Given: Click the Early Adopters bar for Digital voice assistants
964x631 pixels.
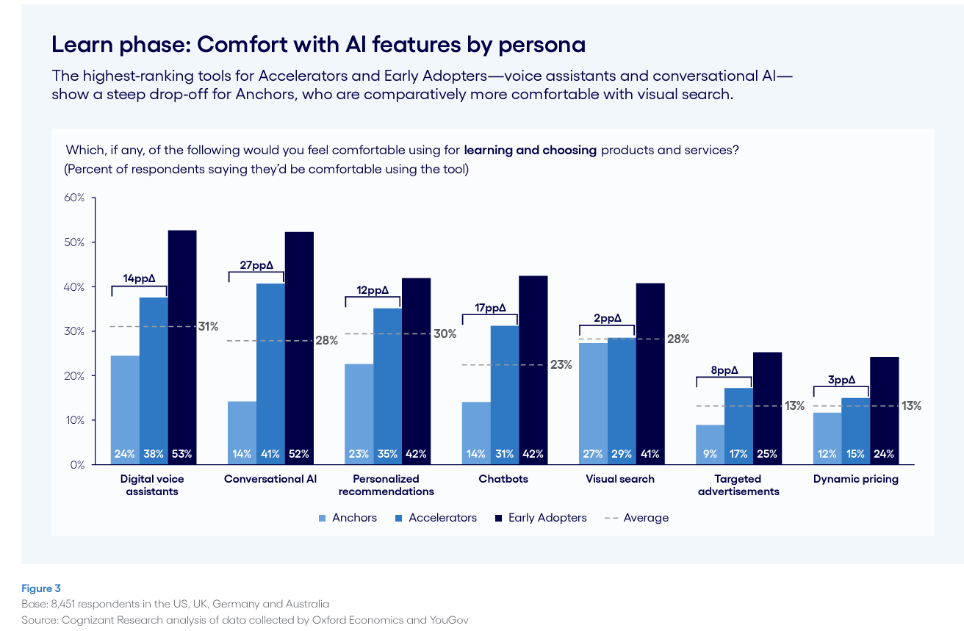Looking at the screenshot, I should [182, 345].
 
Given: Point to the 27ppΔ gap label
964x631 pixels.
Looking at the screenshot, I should [256, 265].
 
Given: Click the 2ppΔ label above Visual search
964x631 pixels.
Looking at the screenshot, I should [607, 318].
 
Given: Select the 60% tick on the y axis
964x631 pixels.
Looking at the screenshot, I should [76, 198].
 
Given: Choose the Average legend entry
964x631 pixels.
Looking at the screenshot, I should [645, 518].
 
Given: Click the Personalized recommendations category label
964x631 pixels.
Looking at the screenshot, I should [386, 485].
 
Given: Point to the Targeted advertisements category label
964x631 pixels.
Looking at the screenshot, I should [738, 485].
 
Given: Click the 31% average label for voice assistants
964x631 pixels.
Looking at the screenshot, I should [208, 326].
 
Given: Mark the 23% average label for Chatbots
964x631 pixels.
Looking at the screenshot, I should [561, 364].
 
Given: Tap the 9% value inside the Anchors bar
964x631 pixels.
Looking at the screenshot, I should [710, 454].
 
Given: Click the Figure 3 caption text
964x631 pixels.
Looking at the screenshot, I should [41, 588].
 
